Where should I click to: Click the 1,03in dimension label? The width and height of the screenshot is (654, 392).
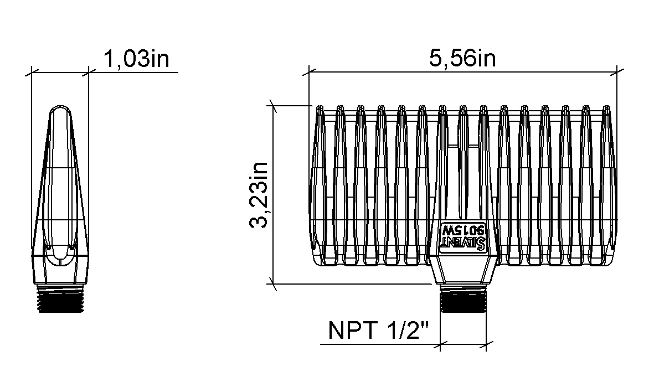[136, 58]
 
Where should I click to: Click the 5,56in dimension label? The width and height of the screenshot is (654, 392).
[462, 58]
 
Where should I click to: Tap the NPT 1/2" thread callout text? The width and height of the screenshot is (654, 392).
[379, 330]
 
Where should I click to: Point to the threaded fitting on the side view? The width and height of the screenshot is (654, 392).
[60, 298]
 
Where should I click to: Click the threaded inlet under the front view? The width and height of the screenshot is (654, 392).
[464, 298]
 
